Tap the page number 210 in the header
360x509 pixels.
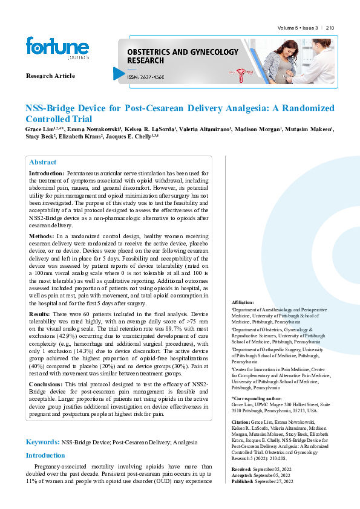point(330,28)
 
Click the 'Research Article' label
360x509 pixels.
point(50,76)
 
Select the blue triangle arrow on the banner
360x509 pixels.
point(118,73)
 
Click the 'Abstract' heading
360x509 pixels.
point(43,162)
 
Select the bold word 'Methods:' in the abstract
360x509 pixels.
point(42,235)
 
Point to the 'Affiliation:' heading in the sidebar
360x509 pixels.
point(243,302)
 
